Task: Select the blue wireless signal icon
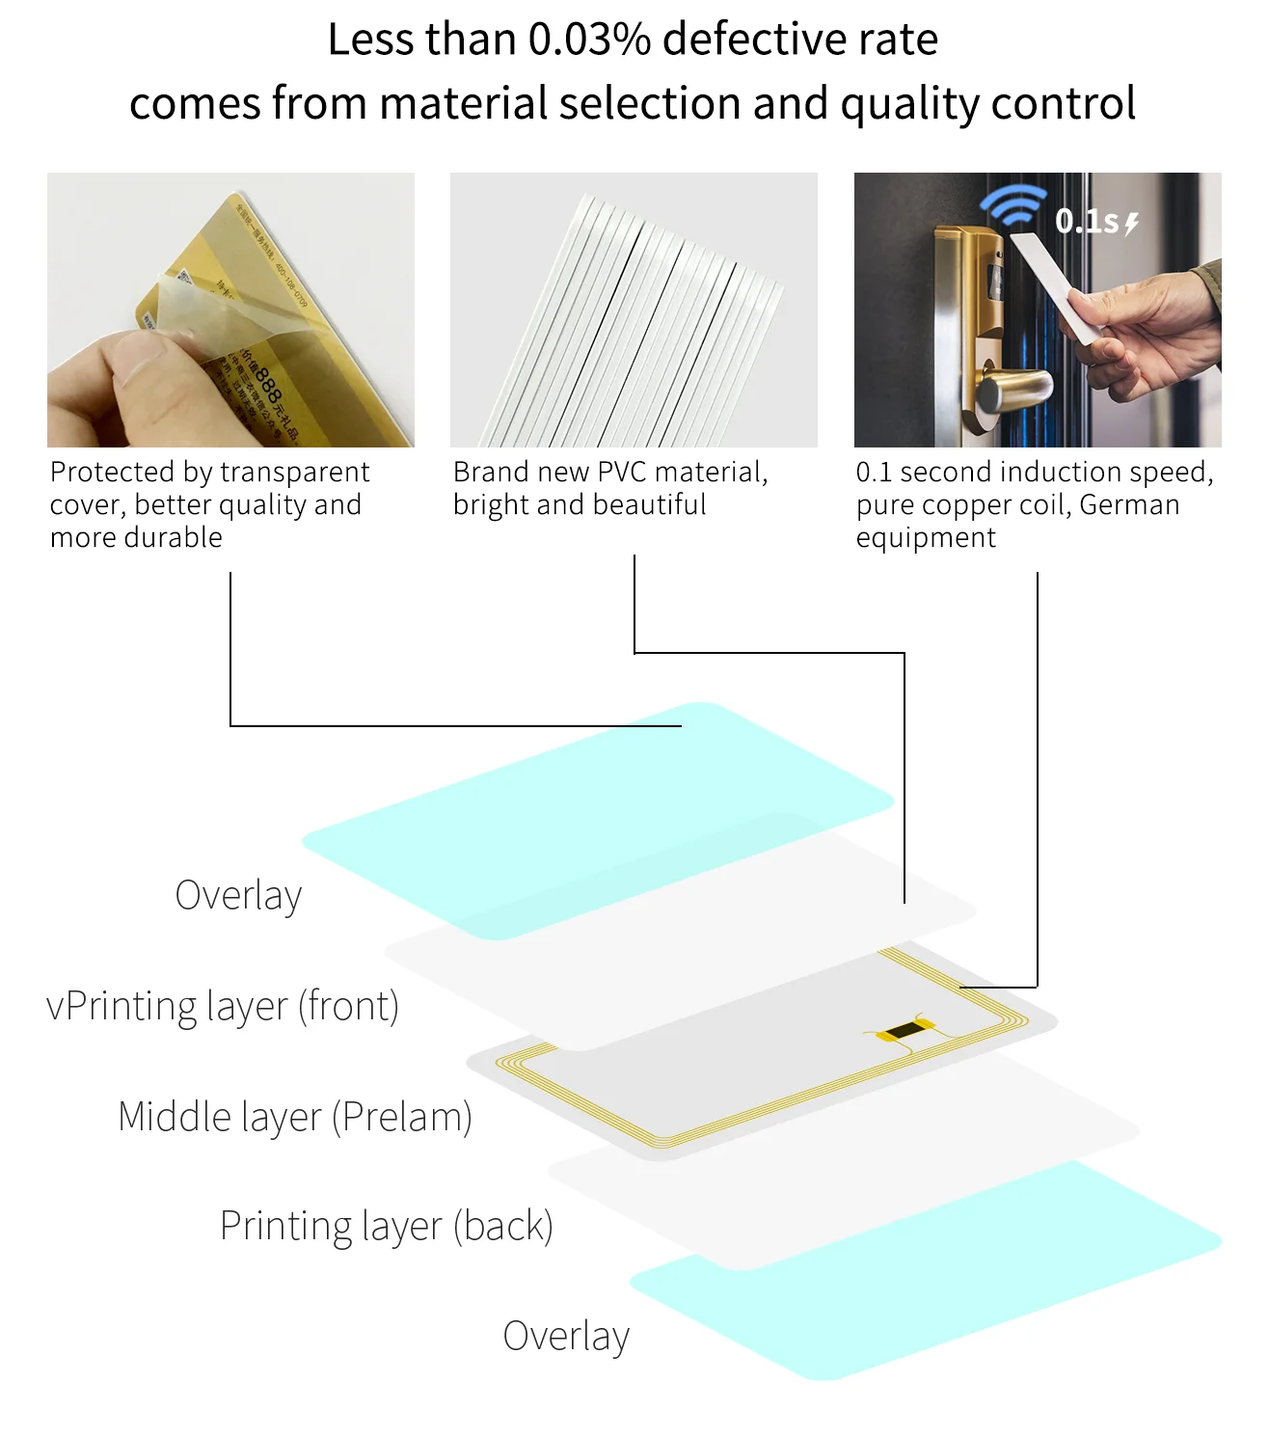tap(1012, 207)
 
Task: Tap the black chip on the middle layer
tap(904, 1031)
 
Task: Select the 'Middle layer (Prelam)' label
tap(294, 1117)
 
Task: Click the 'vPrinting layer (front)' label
tap(223, 1006)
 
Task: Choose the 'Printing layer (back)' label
tap(386, 1226)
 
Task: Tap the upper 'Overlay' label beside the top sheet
tap(238, 895)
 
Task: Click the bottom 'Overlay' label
tap(566, 1336)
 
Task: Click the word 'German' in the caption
tap(1129, 505)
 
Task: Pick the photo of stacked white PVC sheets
tap(634, 310)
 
